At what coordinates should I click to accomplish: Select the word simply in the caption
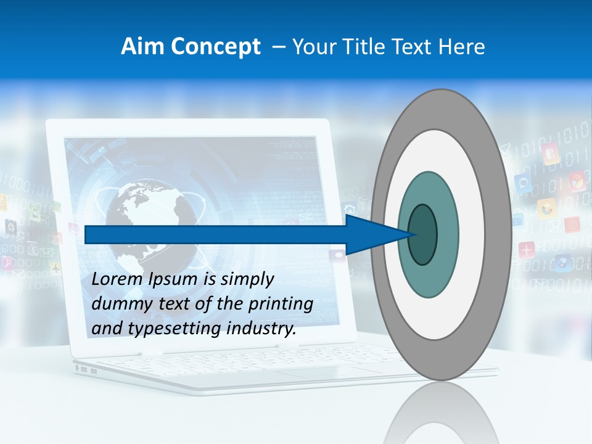click(x=247, y=279)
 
